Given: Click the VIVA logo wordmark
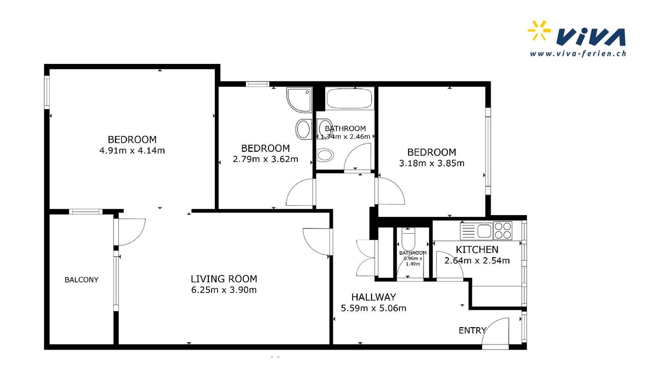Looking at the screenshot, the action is point(591,37).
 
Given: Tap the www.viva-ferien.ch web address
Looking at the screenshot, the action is point(578,54).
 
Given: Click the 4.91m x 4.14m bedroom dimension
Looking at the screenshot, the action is point(132,151).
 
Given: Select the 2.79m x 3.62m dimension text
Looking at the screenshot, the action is point(266,159).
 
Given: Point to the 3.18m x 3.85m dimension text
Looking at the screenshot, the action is point(431,163).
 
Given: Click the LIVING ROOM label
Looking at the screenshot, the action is point(224,279).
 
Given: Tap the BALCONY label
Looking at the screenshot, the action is point(82,280).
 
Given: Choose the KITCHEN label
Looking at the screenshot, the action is point(477,250).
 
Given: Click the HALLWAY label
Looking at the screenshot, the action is point(374,297).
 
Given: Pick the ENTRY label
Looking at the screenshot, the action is point(472,330).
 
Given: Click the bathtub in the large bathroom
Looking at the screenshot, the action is point(349,98).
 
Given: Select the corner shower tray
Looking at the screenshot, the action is point(299,100).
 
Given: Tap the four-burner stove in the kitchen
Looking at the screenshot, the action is point(503,231).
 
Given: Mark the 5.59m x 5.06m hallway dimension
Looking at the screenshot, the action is point(374,308).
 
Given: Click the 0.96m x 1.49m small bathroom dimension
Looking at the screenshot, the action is point(413,261).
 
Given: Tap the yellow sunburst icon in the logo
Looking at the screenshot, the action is point(539,30).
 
